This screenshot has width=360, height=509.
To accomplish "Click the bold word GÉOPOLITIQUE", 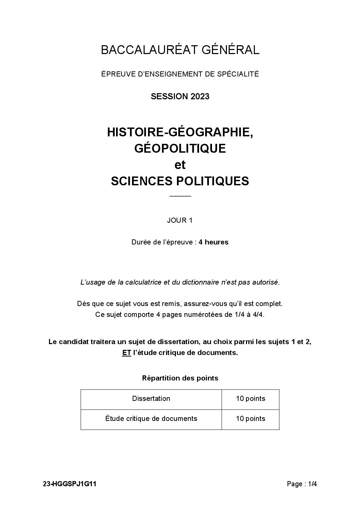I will (x=180, y=148).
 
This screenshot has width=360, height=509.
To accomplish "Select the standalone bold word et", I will (x=180, y=165).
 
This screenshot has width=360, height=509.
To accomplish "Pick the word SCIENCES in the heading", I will (x=142, y=181).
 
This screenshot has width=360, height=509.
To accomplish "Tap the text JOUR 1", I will (x=180, y=220).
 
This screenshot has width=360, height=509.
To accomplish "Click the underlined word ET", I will (x=127, y=353).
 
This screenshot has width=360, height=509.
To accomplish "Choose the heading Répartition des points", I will (x=180, y=378).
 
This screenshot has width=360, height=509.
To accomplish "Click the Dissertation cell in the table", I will (x=151, y=399).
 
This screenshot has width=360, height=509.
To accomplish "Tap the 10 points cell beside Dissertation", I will (x=250, y=399).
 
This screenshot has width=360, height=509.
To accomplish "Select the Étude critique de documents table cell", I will (x=151, y=419).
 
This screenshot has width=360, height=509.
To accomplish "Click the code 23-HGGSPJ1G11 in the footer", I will (x=70, y=484).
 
